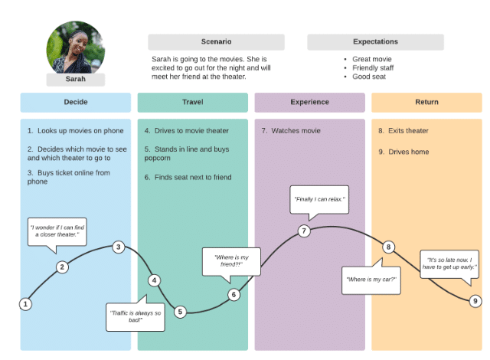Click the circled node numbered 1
(25, 304)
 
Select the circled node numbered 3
(119, 247)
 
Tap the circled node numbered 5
(180, 312)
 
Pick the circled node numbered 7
(304, 231)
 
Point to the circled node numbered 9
(475, 301)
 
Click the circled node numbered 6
(234, 294)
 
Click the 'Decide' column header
(75, 103)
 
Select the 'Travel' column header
(192, 103)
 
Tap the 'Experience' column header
(309, 103)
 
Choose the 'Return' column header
(426, 103)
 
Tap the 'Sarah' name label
(75, 79)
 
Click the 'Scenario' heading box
(216, 41)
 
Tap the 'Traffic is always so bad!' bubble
(136, 316)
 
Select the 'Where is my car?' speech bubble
(371, 280)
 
